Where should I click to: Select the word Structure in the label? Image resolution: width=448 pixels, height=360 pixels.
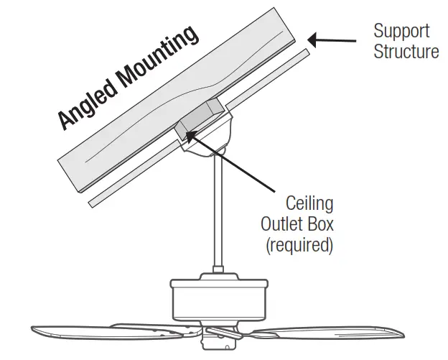coord(406,52)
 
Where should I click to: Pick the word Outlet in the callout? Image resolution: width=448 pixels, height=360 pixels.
coord(286,224)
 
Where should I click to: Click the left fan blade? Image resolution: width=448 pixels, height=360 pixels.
coord(108,333)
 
